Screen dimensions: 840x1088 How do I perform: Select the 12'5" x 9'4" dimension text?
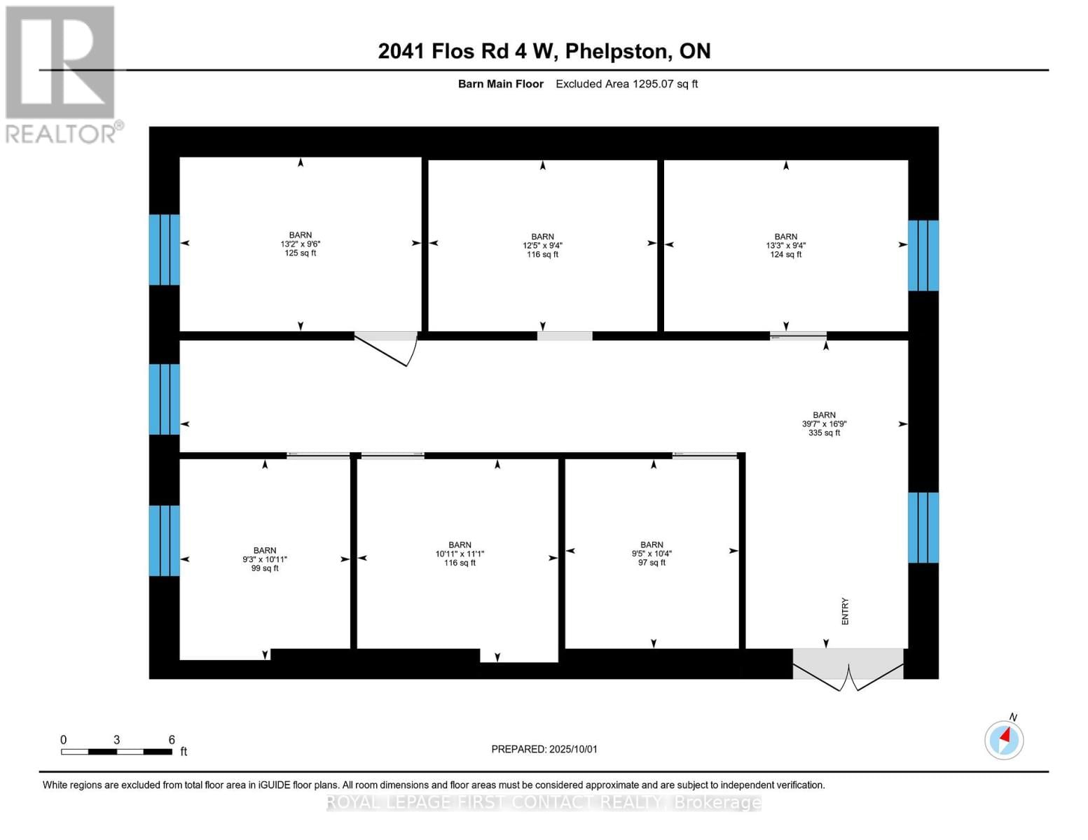point(542,246)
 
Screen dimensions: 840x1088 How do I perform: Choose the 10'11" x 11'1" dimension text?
point(460,554)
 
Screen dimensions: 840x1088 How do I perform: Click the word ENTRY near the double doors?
point(845,611)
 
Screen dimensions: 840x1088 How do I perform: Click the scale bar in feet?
point(116,752)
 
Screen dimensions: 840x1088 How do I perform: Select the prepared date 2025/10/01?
point(544,749)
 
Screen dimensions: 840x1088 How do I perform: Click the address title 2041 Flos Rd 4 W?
point(544,51)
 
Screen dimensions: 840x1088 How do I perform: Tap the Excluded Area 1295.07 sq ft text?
point(626,84)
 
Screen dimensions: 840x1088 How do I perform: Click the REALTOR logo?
point(61,73)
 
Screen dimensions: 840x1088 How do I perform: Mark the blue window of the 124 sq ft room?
point(923,255)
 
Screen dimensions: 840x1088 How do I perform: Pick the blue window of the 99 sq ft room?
point(164,540)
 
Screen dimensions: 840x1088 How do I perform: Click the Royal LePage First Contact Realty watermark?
point(544,802)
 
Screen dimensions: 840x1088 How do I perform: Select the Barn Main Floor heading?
point(500,84)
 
